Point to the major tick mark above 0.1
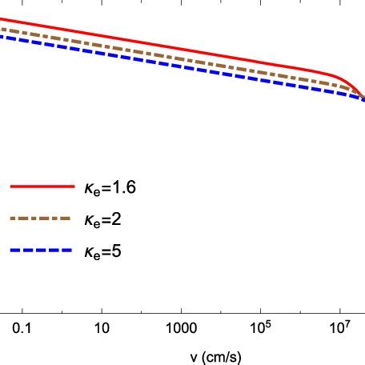[23, 311]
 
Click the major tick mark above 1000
[181, 311]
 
